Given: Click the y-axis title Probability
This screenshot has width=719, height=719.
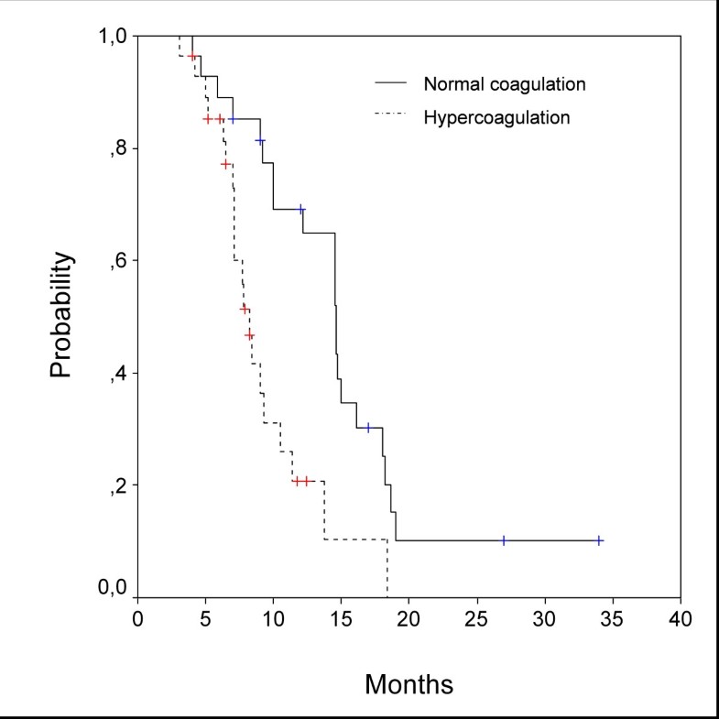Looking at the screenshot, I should coord(60,316).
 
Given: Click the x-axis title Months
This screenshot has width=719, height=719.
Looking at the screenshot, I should coord(409,684).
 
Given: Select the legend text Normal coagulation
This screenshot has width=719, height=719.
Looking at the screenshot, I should coord(504,84).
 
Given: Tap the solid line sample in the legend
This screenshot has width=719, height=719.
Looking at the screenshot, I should coord(391,84).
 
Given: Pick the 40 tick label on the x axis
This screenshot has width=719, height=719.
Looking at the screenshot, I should coord(680,620).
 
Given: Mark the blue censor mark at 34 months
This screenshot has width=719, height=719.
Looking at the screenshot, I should coord(599,540).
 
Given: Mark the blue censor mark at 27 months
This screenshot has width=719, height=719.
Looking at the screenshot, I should coord(504,540).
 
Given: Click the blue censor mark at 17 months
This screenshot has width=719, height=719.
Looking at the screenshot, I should coord(368,428).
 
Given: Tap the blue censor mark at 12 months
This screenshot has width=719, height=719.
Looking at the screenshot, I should coord(300,210).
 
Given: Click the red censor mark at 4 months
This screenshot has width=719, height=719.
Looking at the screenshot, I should coord(192,57).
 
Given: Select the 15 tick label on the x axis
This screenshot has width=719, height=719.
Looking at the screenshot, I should coord(342,620).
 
